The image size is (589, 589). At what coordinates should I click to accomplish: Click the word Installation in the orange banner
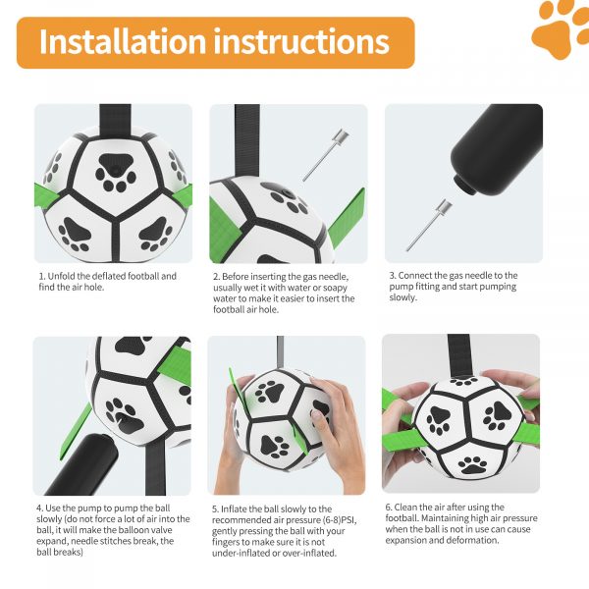pyautogui.click(x=123, y=41)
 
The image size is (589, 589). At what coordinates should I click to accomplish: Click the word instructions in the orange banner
pyautogui.click(x=301, y=41)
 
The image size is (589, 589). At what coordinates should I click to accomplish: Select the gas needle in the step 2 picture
pyautogui.click(x=326, y=155)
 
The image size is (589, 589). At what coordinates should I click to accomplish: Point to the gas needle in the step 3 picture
pyautogui.click(x=429, y=225)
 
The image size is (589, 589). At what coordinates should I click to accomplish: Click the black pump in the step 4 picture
pyautogui.click(x=82, y=465)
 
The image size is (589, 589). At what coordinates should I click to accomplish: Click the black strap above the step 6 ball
pyautogui.click(x=459, y=355)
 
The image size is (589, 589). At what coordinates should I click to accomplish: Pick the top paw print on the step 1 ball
pyautogui.click(x=116, y=173)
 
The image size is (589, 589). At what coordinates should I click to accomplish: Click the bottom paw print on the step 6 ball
pyautogui.click(x=472, y=465)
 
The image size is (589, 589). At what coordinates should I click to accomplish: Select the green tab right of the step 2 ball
pyautogui.click(x=347, y=218)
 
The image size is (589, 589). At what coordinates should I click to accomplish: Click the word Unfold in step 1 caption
pyautogui.click(x=61, y=276)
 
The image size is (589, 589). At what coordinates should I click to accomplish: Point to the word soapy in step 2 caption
pyautogui.click(x=335, y=288)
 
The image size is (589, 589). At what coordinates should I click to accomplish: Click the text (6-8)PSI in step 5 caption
pyautogui.click(x=340, y=520)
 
